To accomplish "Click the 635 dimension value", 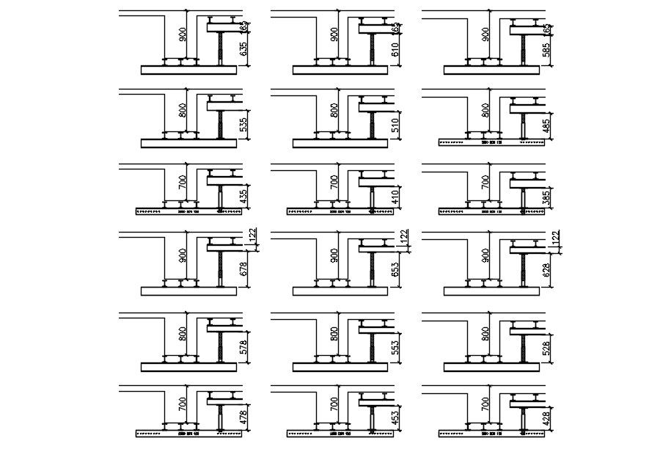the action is (244, 51).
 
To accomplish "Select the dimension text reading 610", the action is (396, 51).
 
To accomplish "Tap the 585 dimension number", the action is (547, 51).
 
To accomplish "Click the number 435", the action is (244, 196).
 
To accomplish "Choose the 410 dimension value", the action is (396, 196).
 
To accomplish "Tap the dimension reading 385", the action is (547, 196).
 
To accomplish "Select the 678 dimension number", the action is (244, 269).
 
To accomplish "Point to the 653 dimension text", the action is (396, 269).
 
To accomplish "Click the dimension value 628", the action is (547, 269).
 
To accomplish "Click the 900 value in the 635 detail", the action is (183, 34).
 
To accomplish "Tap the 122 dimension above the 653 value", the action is (403, 236).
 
